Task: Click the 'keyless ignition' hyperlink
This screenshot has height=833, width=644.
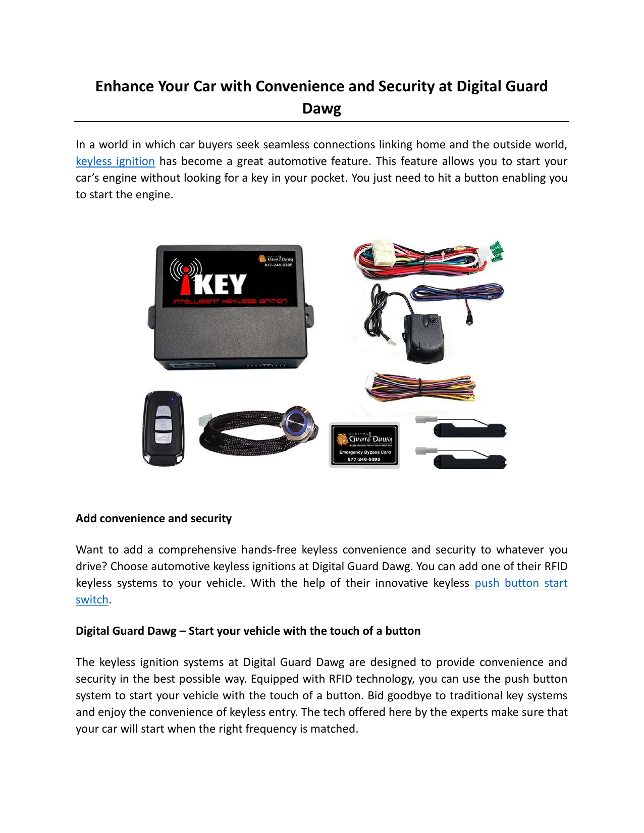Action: coord(115,161)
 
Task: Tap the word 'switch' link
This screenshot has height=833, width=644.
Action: coord(92,600)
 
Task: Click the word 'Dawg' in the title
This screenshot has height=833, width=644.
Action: coord(321,109)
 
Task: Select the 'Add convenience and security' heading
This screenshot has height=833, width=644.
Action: coord(153,519)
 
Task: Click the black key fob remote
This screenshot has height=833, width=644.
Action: coord(164,428)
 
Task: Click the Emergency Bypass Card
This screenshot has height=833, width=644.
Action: coord(364,445)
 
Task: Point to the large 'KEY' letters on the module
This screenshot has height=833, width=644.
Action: coord(220,284)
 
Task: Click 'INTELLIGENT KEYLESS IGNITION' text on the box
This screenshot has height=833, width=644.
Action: coord(230,302)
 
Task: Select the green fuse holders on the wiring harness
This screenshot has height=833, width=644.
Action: coord(497,251)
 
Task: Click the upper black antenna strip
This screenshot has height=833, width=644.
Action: coord(469,430)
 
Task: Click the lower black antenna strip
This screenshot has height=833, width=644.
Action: coord(469,461)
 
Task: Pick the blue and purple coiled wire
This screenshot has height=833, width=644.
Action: coord(457,292)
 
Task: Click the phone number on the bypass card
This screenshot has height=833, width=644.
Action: coord(364,460)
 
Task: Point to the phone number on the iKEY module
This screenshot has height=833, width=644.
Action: coord(278,265)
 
